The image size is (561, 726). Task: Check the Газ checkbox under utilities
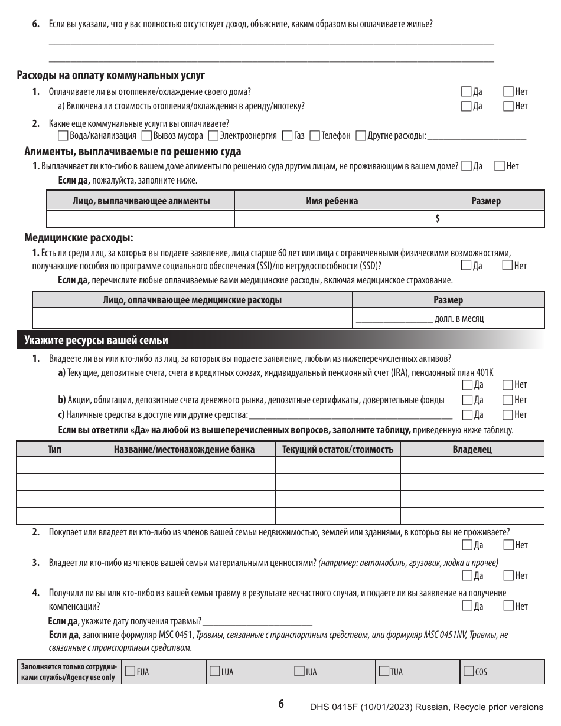coord(288,136)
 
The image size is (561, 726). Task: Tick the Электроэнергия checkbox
coord(213,136)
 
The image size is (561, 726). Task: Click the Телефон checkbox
coord(315,136)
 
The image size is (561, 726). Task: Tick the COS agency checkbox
coord(469,671)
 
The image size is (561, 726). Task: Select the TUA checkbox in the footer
coord(384,671)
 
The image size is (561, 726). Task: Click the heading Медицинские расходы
coord(79,238)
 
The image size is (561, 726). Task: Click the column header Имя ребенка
coord(331,201)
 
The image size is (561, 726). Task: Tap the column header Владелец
coord(472,449)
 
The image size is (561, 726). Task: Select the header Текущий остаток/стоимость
coord(338,449)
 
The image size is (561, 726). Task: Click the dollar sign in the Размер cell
coord(438,218)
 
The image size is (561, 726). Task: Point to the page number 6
coord(281,704)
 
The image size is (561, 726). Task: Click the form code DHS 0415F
coord(336,707)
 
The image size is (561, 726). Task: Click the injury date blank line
coord(257,622)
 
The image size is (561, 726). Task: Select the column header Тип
coord(54,449)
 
